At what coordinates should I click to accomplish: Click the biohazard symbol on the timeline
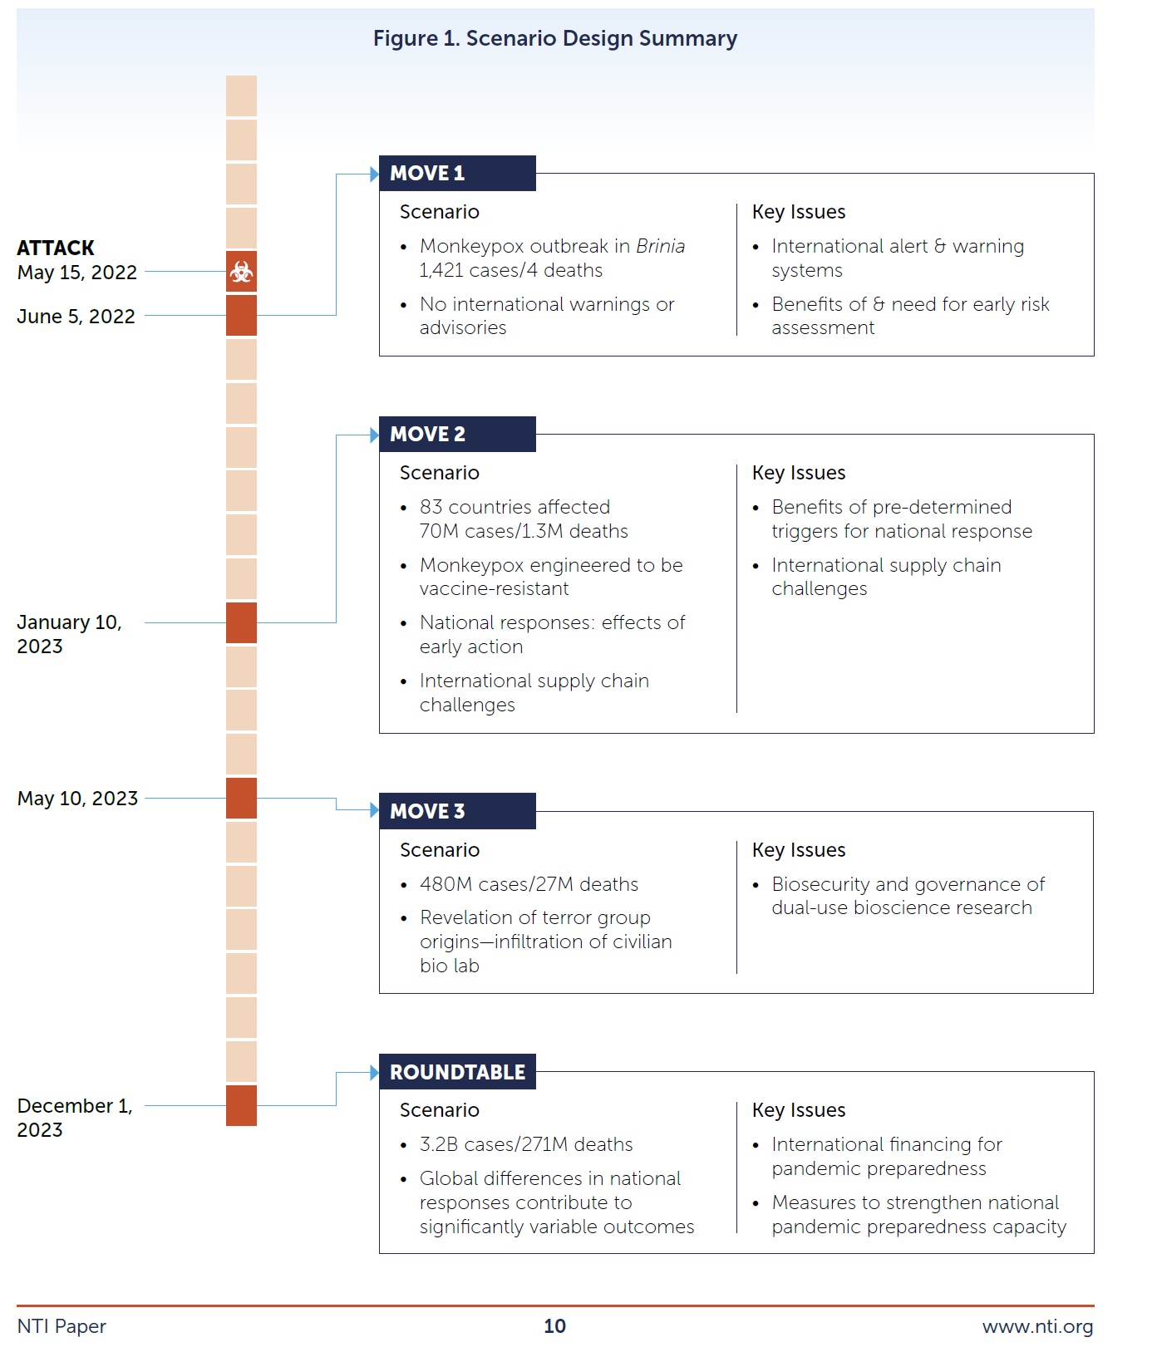[241, 271]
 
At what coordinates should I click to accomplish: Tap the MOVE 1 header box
[456, 173]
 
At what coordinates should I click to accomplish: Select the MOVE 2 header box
[456, 434]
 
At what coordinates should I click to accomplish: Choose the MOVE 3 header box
[456, 811]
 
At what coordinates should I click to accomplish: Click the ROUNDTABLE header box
[456, 1072]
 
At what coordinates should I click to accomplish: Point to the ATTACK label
[56, 248]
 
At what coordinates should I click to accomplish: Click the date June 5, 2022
[76, 317]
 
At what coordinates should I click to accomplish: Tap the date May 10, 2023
[77, 799]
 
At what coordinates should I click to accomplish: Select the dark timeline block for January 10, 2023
[241, 622]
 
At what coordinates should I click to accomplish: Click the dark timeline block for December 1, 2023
[241, 1105]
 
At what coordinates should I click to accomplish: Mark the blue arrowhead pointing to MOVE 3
[374, 810]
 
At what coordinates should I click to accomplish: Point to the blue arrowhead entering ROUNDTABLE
[374, 1072]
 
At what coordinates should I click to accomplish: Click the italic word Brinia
[660, 246]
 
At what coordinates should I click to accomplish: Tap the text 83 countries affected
[514, 507]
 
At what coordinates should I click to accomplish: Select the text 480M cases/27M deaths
[529, 884]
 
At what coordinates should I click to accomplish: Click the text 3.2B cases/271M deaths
[525, 1144]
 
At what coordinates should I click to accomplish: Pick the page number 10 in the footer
[554, 1326]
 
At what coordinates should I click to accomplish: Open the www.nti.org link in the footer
[1037, 1326]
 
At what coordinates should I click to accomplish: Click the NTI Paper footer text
[62, 1326]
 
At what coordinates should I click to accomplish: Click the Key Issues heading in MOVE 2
[798, 473]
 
